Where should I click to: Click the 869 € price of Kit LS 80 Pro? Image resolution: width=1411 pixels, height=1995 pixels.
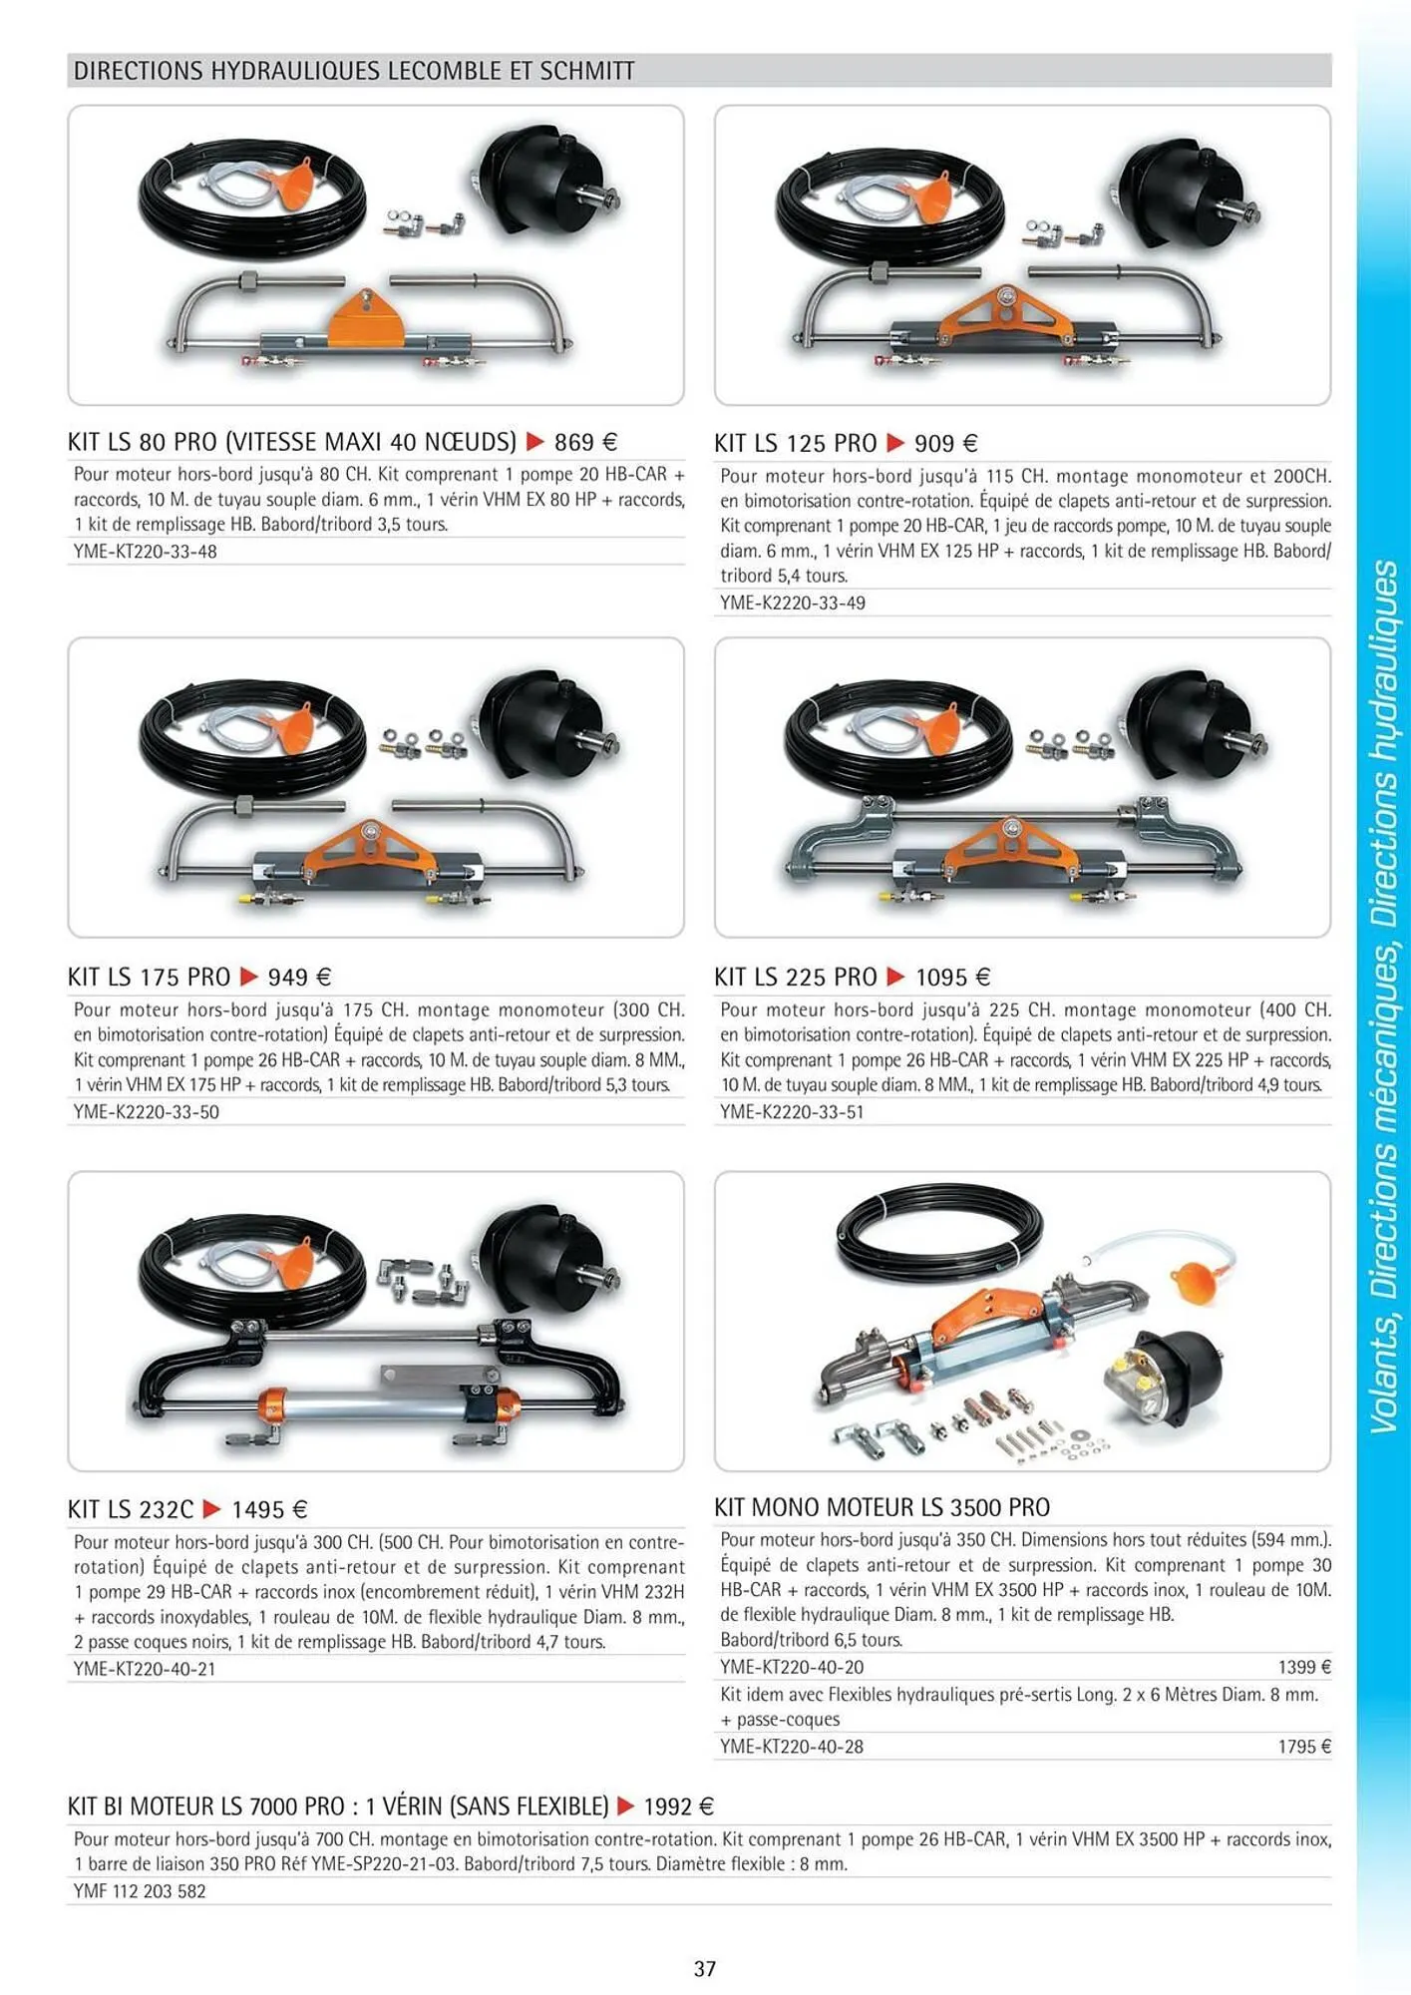[x=585, y=442]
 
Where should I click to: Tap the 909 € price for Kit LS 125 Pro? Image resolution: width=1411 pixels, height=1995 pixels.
[x=945, y=443]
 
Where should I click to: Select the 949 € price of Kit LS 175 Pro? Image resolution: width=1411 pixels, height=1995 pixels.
[x=299, y=977]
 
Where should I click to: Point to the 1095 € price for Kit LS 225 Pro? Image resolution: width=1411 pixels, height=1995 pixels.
[x=952, y=977]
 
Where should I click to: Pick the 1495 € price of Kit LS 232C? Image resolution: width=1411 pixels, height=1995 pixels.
[x=269, y=1509]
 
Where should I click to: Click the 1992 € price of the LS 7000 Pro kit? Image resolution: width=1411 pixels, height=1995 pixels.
[x=678, y=1806]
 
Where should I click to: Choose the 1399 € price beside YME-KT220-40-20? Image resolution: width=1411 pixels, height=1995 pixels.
[x=1304, y=1667]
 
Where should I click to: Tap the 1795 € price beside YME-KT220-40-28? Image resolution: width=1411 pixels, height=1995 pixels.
[x=1304, y=1747]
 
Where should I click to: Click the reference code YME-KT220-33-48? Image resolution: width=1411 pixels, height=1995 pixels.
[x=146, y=552]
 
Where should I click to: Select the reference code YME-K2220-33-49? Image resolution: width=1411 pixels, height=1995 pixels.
[x=793, y=602]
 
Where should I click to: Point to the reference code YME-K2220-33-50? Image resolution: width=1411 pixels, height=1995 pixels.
[x=147, y=1112]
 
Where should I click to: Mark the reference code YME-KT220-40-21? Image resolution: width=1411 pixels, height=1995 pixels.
[x=145, y=1669]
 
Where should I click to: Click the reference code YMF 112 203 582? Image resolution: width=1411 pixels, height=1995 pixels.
[x=140, y=1891]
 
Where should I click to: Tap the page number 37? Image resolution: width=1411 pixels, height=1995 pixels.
[x=705, y=1968]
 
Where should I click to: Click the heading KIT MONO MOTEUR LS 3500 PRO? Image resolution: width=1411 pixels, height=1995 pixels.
[x=882, y=1507]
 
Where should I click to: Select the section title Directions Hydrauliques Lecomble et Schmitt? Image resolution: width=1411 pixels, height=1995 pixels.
[x=354, y=71]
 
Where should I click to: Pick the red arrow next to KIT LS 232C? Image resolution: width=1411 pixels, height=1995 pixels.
[x=211, y=1508]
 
